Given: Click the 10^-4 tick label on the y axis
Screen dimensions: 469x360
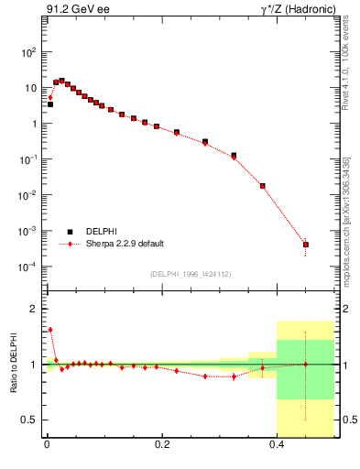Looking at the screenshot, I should [x=27, y=267].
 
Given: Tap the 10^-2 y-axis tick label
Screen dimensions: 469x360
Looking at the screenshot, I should [x=27, y=195].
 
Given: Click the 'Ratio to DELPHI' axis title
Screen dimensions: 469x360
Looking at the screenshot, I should [x=13, y=364].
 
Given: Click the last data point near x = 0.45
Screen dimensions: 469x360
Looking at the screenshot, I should [x=306, y=245].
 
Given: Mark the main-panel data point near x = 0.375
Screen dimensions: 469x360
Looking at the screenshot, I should [x=263, y=186].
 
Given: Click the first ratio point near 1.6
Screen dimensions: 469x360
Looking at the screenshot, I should [x=50, y=330].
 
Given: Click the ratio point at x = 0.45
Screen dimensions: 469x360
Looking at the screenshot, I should [x=306, y=364].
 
